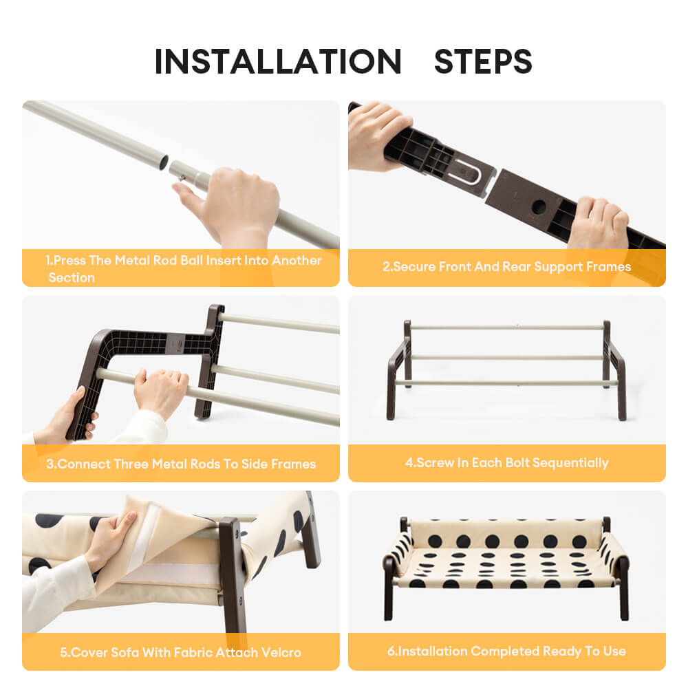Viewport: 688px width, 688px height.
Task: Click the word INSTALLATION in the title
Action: point(278,61)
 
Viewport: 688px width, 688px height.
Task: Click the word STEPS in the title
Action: point(483,61)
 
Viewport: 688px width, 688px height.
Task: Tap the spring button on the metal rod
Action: point(182,178)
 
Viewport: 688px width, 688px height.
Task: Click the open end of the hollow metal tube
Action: point(163,162)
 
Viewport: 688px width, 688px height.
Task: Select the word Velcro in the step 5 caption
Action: point(281,652)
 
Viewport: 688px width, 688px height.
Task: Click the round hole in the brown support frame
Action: point(539,206)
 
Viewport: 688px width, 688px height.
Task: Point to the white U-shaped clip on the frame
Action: point(468,172)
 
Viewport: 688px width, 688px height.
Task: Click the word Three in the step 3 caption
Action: point(131,464)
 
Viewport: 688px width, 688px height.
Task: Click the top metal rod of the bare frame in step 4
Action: point(507,327)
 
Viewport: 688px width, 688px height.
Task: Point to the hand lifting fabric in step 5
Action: point(109,539)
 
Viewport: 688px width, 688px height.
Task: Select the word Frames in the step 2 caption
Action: point(610,266)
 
